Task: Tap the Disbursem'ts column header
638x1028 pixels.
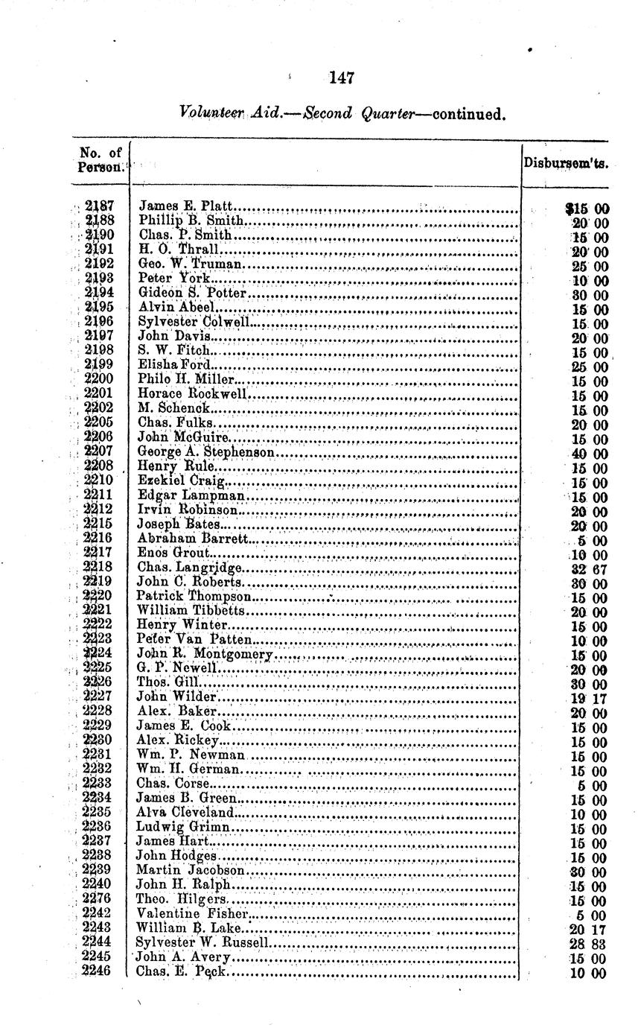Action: [565, 162]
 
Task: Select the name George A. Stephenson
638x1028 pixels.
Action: [208, 451]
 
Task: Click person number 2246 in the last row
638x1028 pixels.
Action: [101, 971]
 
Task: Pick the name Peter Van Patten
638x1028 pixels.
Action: [195, 640]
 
